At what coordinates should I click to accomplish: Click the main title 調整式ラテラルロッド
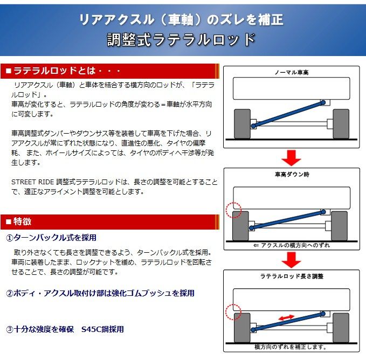[181, 40]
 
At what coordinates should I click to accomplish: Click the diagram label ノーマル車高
[292, 73]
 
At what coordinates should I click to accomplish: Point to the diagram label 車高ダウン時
[292, 174]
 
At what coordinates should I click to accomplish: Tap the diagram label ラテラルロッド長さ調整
[292, 276]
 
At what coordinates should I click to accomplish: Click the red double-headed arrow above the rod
[286, 317]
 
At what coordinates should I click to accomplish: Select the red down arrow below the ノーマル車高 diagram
[291, 158]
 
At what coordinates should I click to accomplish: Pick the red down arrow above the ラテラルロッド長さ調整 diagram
[291, 260]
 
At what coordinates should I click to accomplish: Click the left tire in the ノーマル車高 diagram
[242, 124]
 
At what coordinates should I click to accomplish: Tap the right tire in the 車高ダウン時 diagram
[339, 226]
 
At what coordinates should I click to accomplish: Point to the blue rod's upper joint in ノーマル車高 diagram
[323, 102]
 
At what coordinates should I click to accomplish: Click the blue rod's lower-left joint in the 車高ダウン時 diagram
[252, 228]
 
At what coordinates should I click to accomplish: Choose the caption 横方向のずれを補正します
[291, 347]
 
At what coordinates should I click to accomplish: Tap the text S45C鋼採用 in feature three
[103, 329]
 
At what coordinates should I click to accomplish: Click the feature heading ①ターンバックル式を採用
[51, 238]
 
